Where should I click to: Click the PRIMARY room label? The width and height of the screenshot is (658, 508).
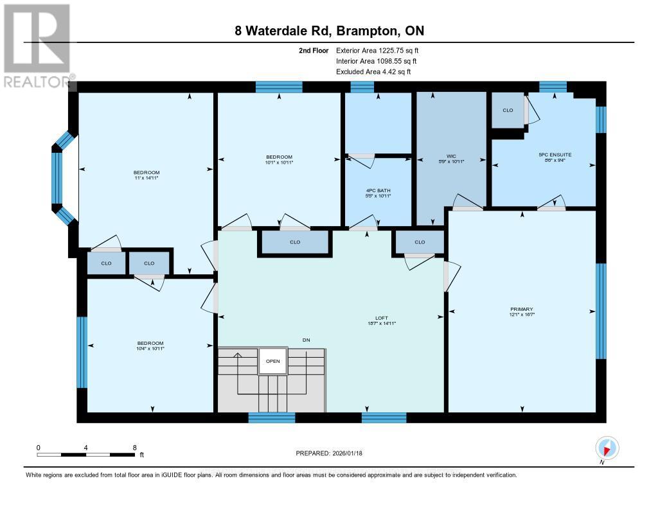(522, 309)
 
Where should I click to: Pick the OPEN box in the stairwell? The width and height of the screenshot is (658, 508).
(273, 361)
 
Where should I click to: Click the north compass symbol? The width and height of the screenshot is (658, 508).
(607, 447)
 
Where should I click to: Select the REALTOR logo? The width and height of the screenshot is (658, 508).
(37, 45)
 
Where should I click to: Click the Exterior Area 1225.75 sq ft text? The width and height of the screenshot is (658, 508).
(377, 50)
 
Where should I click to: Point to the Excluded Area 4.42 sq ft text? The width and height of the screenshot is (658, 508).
(373, 72)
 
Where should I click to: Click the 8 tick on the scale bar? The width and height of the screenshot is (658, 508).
(134, 448)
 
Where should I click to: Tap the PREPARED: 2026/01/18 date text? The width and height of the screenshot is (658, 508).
(329, 453)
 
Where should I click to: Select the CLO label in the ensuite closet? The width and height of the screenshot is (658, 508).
(508, 110)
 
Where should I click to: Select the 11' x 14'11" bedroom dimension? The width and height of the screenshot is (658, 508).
(147, 178)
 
